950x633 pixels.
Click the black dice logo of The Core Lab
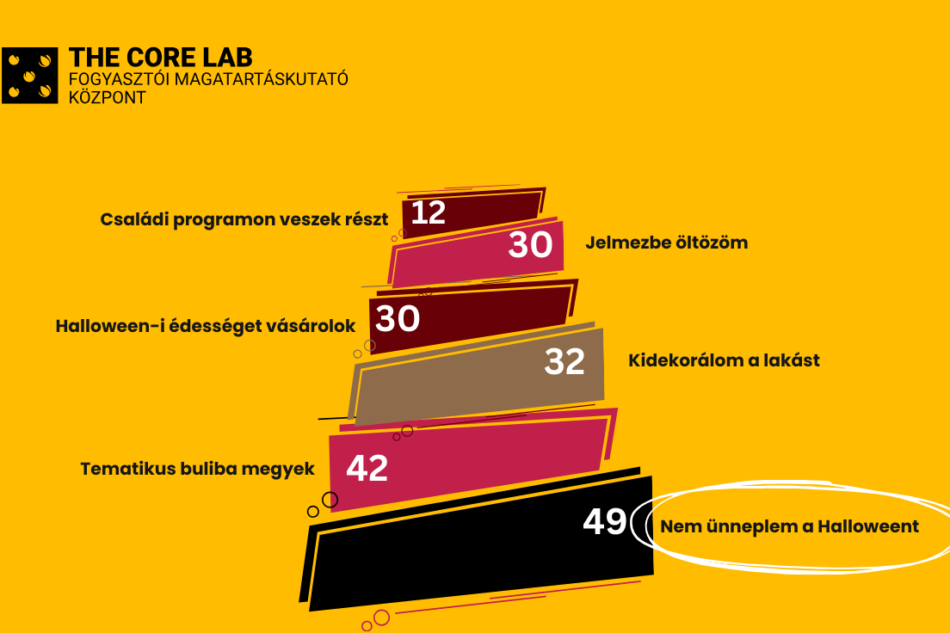(29, 76)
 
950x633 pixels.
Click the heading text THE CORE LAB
(161, 58)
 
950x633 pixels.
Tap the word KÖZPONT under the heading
(108, 97)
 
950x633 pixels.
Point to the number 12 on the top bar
(429, 212)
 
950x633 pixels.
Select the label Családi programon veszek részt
(244, 219)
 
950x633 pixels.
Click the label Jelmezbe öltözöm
(666, 243)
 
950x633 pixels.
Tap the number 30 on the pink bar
(530, 244)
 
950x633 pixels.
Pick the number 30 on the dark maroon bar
(398, 318)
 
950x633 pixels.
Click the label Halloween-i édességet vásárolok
(206, 326)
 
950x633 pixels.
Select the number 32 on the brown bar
(564, 361)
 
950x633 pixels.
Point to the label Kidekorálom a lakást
(724, 360)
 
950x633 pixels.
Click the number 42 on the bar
(367, 468)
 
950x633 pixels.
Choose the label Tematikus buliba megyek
(198, 469)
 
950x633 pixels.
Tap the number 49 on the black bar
(604, 521)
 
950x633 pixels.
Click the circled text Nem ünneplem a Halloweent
(789, 526)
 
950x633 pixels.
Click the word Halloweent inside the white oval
(868, 526)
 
